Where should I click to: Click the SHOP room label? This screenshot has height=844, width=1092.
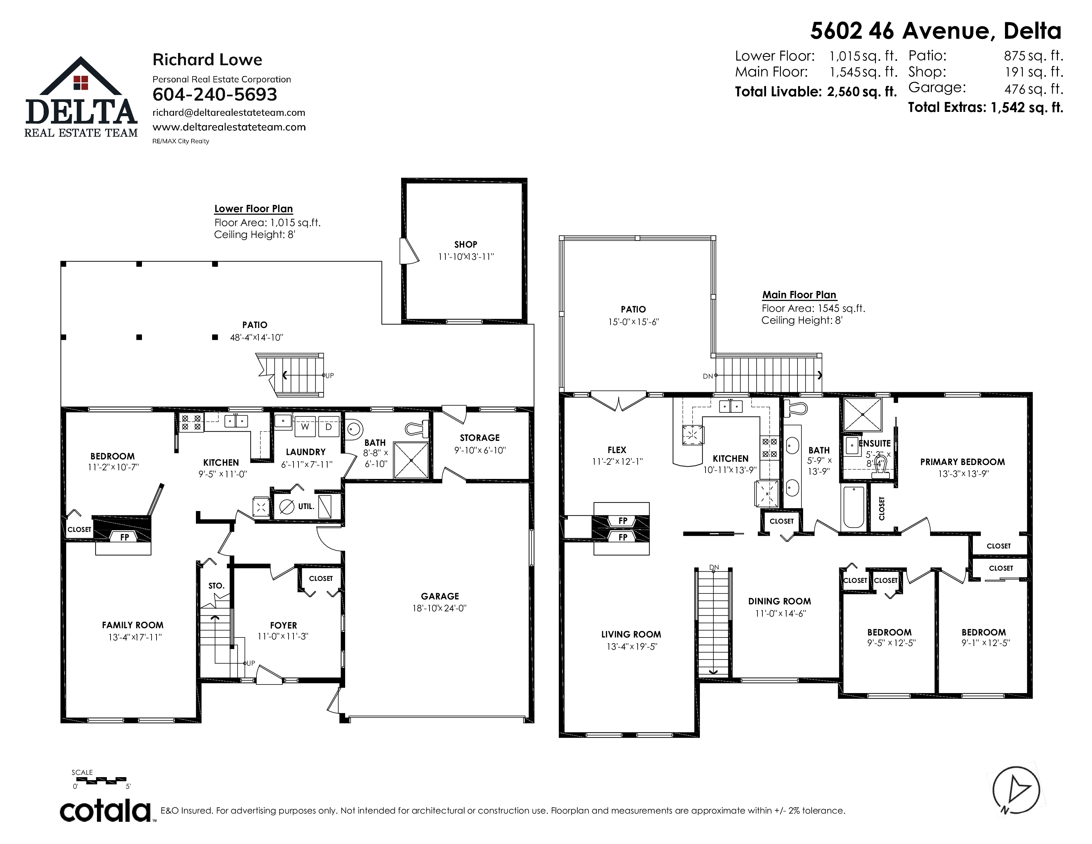[466, 245]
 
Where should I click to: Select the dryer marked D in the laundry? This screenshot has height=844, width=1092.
[329, 427]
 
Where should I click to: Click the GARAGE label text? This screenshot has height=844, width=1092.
[440, 596]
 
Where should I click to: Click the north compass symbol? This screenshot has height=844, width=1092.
[1016, 790]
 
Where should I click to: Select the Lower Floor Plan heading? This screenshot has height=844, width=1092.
[253, 209]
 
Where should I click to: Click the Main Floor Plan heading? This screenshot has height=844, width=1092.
[799, 295]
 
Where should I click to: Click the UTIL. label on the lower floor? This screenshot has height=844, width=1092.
[306, 506]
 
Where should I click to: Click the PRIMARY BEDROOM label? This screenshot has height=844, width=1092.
[963, 462]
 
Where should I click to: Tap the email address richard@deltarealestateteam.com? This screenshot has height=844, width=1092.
[229, 113]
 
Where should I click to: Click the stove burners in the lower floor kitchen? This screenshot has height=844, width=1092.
[191, 423]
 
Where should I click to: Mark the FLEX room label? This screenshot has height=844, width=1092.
[617, 450]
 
